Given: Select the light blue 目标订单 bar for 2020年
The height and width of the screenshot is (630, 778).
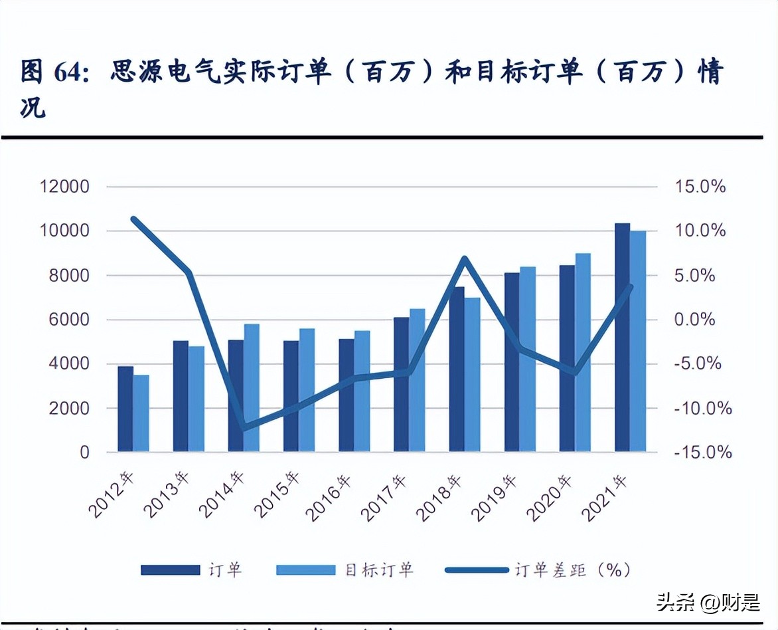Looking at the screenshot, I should [x=582, y=353].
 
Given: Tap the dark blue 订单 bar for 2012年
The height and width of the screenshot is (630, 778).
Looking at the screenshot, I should [x=125, y=409].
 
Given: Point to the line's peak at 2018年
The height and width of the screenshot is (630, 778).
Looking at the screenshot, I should [x=465, y=259].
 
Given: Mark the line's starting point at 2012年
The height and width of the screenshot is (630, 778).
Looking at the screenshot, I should [x=134, y=219].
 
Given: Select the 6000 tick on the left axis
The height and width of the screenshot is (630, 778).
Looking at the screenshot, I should [x=66, y=320].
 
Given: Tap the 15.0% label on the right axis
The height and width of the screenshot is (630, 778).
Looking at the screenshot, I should [x=700, y=187].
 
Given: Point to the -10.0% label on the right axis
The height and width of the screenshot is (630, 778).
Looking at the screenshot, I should [x=702, y=408].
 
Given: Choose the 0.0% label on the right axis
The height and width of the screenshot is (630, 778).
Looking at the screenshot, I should [x=695, y=320].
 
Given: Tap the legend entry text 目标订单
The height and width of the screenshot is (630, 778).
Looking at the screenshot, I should [x=379, y=570].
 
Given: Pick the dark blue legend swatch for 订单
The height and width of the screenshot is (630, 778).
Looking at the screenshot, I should [x=170, y=570].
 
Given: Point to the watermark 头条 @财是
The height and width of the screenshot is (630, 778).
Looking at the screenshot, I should [x=708, y=603].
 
